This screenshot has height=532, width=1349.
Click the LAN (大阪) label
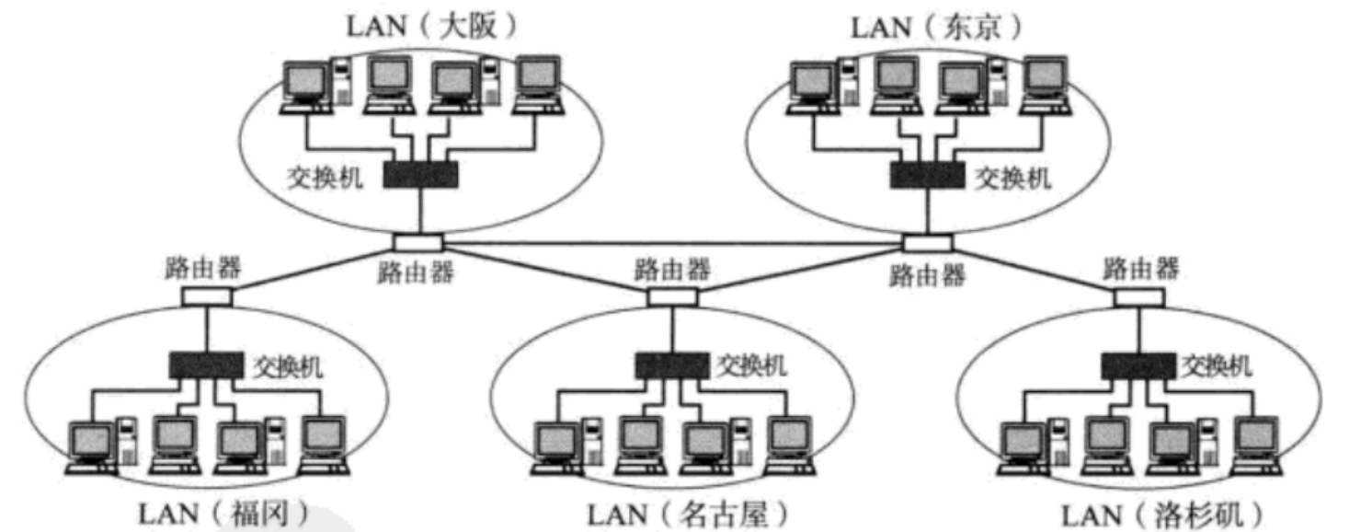pyautogui.click(x=432, y=25)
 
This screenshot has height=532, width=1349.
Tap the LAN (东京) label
pyautogui.click(x=935, y=25)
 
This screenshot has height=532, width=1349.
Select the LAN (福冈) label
pyautogui.click(x=222, y=513)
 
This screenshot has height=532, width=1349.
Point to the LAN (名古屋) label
pyautogui.click(x=688, y=513)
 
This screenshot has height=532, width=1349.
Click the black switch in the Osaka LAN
pyautogui.click(x=420, y=175)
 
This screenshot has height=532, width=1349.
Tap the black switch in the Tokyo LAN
pyautogui.click(x=927, y=175)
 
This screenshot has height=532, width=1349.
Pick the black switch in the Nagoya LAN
pyautogui.click(x=671, y=364)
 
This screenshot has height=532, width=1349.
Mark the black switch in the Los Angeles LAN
pyautogui.click(x=1138, y=364)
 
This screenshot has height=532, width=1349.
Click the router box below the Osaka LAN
pyautogui.click(x=418, y=241)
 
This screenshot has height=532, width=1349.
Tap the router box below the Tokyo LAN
pyautogui.click(x=927, y=242)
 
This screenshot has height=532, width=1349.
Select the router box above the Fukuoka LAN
pyautogui.click(x=206, y=296)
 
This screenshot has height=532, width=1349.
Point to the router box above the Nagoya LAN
pyautogui.click(x=672, y=296)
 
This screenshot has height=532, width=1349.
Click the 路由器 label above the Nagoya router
pyautogui.click(x=672, y=269)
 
